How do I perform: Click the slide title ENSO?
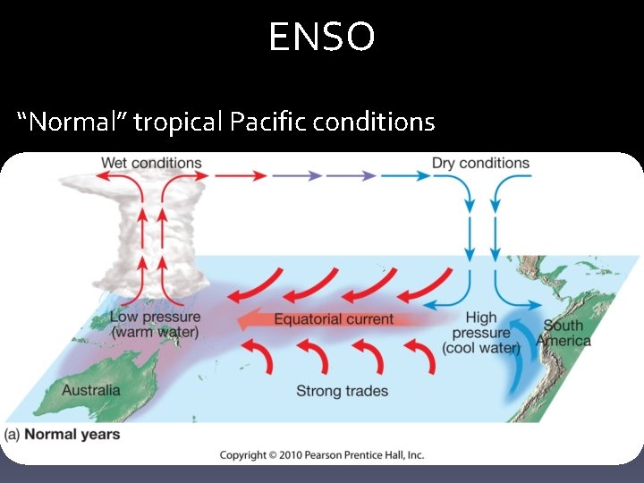click(322, 38)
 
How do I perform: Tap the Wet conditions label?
click(151, 163)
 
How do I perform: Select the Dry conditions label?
click(480, 163)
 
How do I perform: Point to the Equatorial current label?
click(333, 319)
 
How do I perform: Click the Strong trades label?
click(343, 391)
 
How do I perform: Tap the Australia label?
click(90, 390)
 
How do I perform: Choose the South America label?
click(563, 333)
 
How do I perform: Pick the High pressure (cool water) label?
click(481, 333)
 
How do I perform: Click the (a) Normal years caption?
click(63, 435)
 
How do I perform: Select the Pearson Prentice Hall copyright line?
click(322, 455)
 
